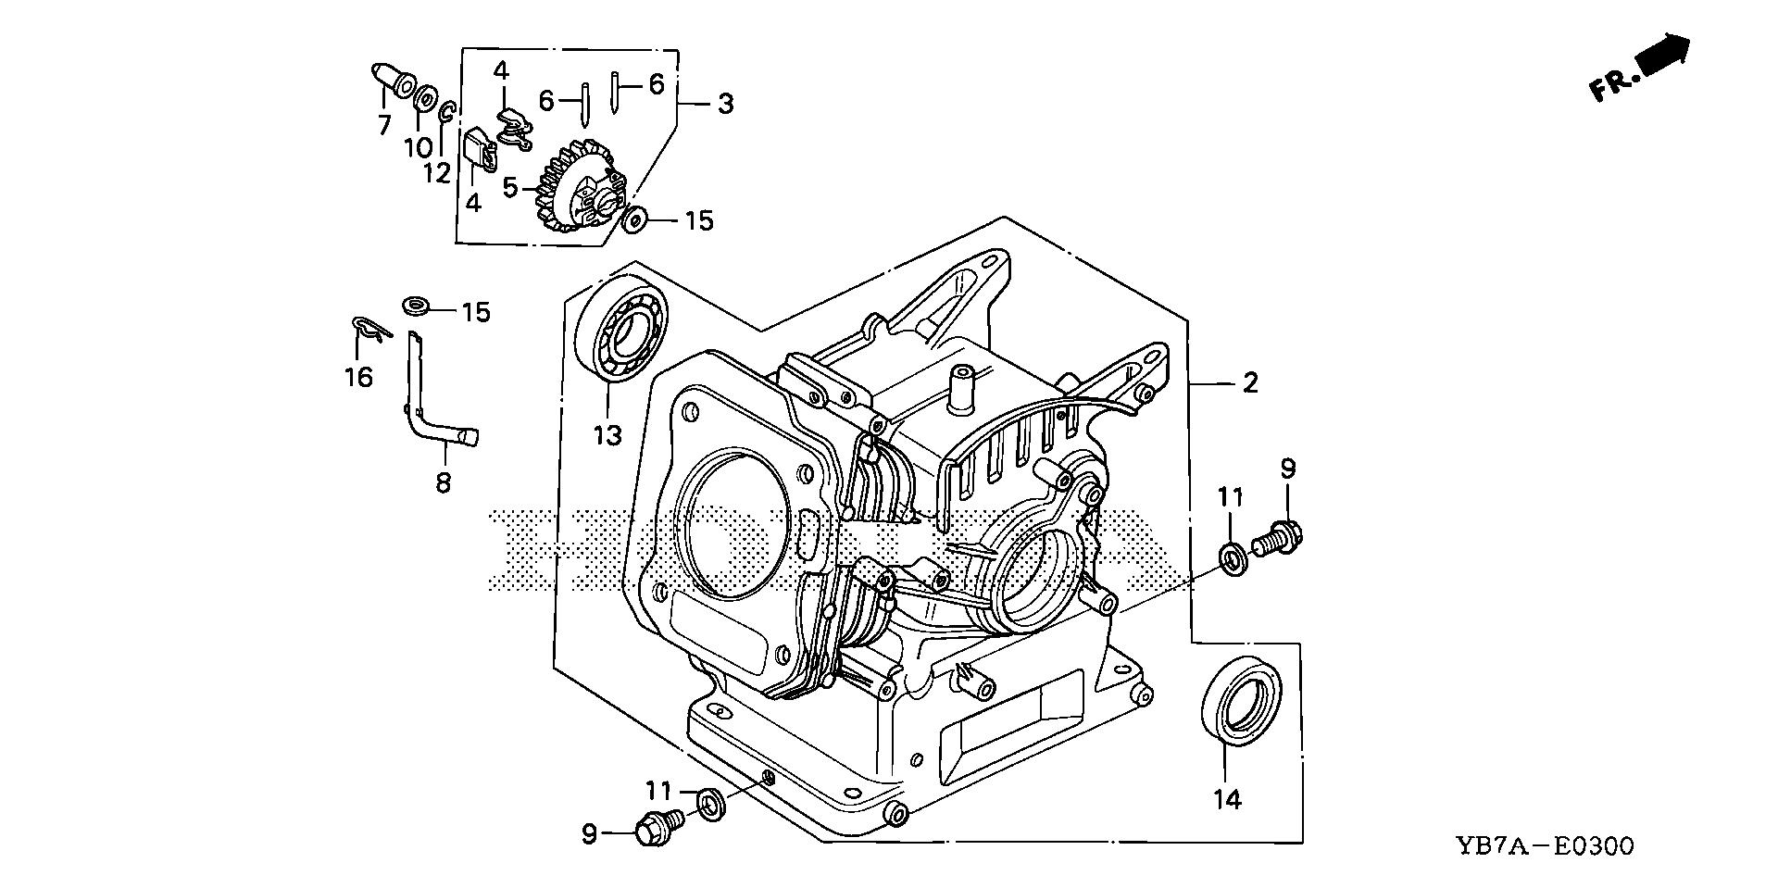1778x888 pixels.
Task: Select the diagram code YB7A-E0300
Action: (1546, 845)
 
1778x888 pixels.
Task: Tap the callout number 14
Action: (1227, 799)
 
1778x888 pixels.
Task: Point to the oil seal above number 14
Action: (1242, 699)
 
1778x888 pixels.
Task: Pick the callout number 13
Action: (607, 434)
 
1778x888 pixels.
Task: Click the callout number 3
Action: (725, 104)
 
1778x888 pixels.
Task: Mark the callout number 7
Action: (384, 125)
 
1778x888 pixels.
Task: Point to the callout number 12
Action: (438, 171)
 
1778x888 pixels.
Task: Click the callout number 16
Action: (358, 376)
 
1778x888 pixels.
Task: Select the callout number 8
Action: (444, 482)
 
